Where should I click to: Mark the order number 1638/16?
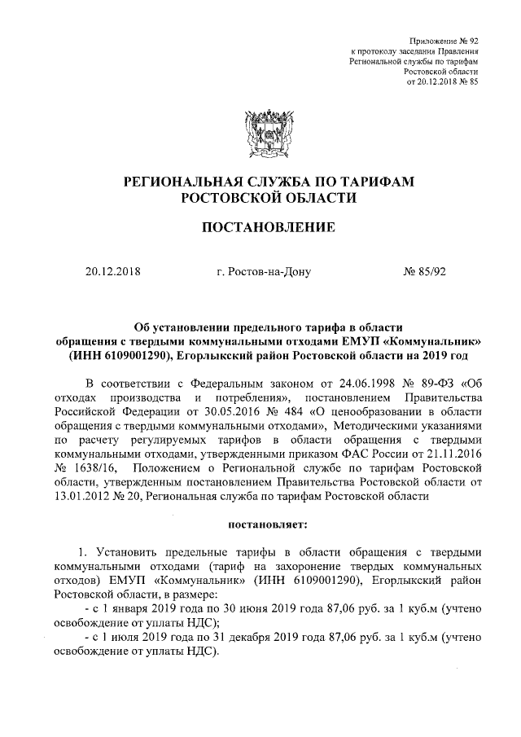click(x=97, y=470)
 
